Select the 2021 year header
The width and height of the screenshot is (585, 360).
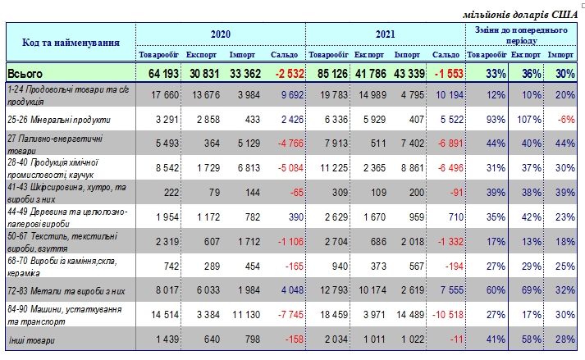point(386,34)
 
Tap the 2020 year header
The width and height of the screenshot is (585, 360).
point(220,34)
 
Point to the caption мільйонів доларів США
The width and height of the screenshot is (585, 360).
point(520,14)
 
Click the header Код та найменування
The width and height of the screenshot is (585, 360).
point(70,41)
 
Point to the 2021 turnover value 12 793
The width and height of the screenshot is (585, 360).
point(330,289)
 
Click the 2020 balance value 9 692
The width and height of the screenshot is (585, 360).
point(287,94)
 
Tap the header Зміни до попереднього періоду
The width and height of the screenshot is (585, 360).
point(522,34)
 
